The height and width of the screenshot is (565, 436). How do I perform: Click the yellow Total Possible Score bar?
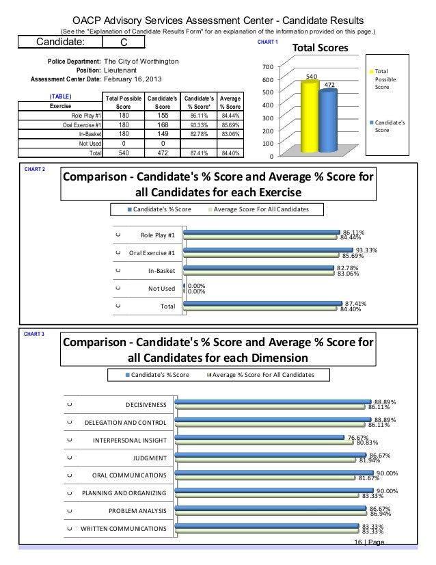[309, 115]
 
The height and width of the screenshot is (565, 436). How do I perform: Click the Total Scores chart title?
[321, 49]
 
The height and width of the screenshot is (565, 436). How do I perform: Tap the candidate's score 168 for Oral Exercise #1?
[163, 124]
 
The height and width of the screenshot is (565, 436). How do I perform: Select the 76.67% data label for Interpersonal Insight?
[358, 437]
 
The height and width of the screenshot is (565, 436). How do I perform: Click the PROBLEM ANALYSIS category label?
[137, 511]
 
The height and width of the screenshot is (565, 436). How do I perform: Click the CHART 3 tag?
[33, 334]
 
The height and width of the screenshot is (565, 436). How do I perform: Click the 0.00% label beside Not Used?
[197, 287]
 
